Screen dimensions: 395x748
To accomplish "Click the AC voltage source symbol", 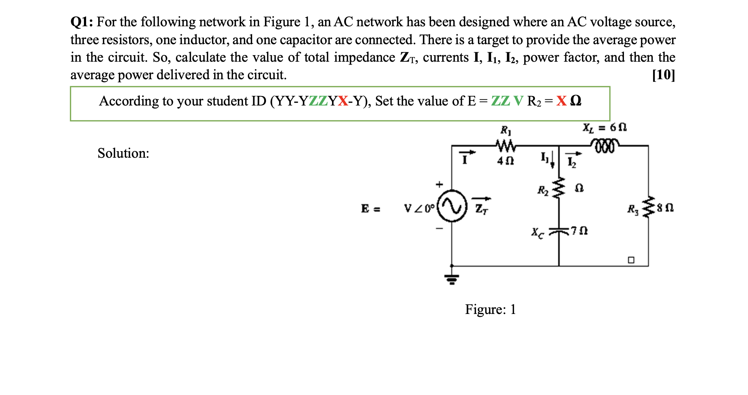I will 452,207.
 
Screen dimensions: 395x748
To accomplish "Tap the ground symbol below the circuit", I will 452,279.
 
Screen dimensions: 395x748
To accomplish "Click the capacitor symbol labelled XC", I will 558,231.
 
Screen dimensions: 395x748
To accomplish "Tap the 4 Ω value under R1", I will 505,161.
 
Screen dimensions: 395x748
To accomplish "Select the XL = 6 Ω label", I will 604,127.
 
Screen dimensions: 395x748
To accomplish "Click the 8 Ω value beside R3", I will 665,208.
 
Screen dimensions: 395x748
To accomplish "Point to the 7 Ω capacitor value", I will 579,231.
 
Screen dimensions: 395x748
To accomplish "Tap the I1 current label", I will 544,157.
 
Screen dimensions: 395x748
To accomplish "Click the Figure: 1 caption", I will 490,309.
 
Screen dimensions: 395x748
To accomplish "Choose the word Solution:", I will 123,153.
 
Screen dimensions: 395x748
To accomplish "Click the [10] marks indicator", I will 663,75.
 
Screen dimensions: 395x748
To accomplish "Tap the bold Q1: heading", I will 82,22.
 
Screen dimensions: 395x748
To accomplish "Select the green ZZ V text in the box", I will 507,101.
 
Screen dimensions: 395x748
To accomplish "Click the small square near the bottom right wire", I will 631,260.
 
